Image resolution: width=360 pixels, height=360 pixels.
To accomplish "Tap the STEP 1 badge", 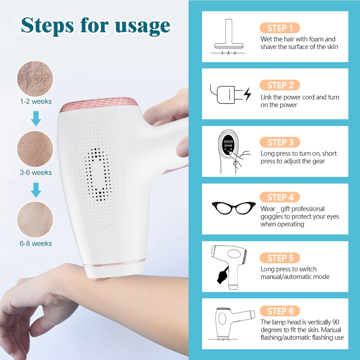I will click(x=280, y=28).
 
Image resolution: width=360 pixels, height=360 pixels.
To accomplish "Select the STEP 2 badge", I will click(x=280, y=85).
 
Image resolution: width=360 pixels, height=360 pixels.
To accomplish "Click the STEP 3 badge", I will click(x=280, y=142).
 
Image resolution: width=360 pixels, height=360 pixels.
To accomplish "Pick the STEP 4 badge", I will click(x=280, y=197).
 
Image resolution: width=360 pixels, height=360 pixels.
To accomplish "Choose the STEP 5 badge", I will click(x=280, y=258).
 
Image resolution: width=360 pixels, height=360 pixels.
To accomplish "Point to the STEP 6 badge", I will click(x=280, y=311).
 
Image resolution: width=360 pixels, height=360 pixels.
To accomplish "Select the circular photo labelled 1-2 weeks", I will click(x=35, y=79).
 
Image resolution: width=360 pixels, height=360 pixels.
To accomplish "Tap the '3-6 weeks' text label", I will click(x=36, y=173).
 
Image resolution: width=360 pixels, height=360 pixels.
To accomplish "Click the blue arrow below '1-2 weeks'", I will click(x=36, y=119).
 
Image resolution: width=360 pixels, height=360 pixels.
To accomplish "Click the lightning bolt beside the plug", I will click(x=247, y=94).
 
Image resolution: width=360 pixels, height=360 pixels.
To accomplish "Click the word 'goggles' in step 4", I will click(x=273, y=216).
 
